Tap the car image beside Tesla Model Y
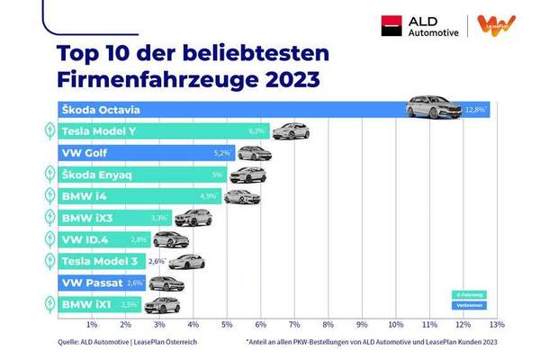click(x=290, y=131)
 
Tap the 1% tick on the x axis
click(x=92, y=323)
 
